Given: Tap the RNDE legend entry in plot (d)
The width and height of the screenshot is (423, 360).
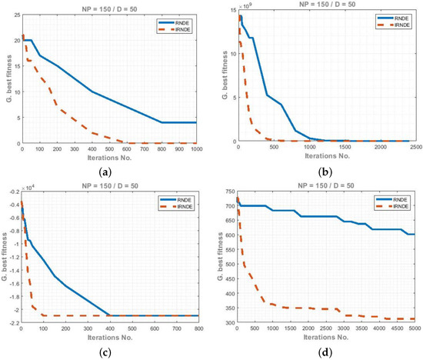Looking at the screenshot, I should pyautogui.click(x=393, y=198).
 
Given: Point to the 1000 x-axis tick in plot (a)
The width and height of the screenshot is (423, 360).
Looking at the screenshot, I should pyautogui.click(x=196, y=148).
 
